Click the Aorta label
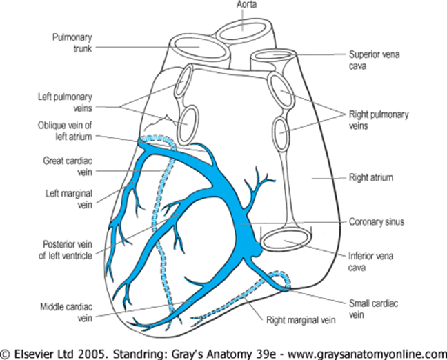(x=245, y=5)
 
